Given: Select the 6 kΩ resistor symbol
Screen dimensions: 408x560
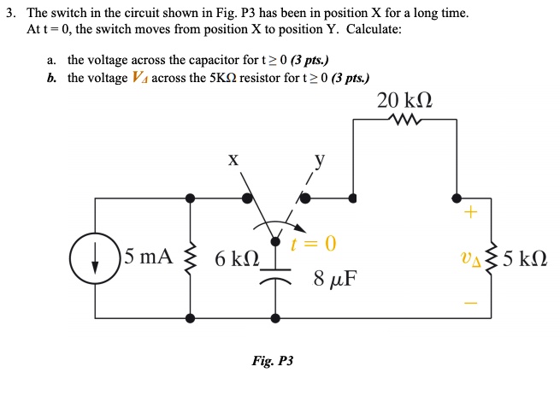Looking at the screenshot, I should point(189,257).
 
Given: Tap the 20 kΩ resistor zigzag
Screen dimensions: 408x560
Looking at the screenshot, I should point(404,121).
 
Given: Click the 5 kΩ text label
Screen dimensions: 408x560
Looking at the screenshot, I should point(525,257).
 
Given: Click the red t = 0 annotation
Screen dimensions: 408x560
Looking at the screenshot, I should point(313,245).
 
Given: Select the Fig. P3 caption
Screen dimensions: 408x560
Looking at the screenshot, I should point(272,362).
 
